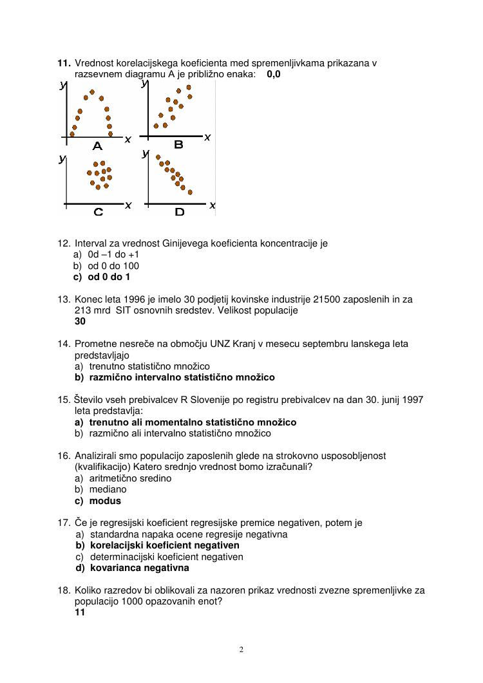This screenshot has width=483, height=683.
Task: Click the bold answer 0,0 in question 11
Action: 273,74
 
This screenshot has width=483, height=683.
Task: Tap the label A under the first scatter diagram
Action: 97,146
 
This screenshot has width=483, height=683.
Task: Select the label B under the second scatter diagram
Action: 178,145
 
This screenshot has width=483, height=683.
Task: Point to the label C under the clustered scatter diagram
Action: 98,211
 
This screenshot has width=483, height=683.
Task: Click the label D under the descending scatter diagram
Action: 179,211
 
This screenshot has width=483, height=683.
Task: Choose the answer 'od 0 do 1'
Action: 108,277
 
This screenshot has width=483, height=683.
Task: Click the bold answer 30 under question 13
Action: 80,321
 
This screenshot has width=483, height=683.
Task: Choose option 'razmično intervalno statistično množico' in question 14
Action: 182,377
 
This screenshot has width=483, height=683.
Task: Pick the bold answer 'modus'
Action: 104,500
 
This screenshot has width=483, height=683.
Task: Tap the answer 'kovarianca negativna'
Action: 139,568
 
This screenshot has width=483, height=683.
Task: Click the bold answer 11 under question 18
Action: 80,613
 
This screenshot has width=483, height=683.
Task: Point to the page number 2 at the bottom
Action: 241,650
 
